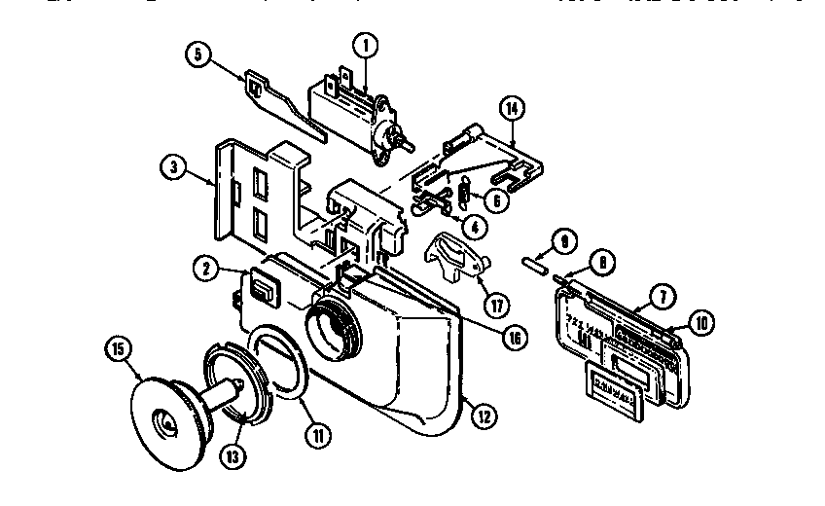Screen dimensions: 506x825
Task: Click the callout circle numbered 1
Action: pyautogui.click(x=365, y=45)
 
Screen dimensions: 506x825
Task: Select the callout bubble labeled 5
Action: pyautogui.click(x=197, y=55)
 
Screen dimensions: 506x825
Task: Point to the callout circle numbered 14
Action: pyautogui.click(x=513, y=108)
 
